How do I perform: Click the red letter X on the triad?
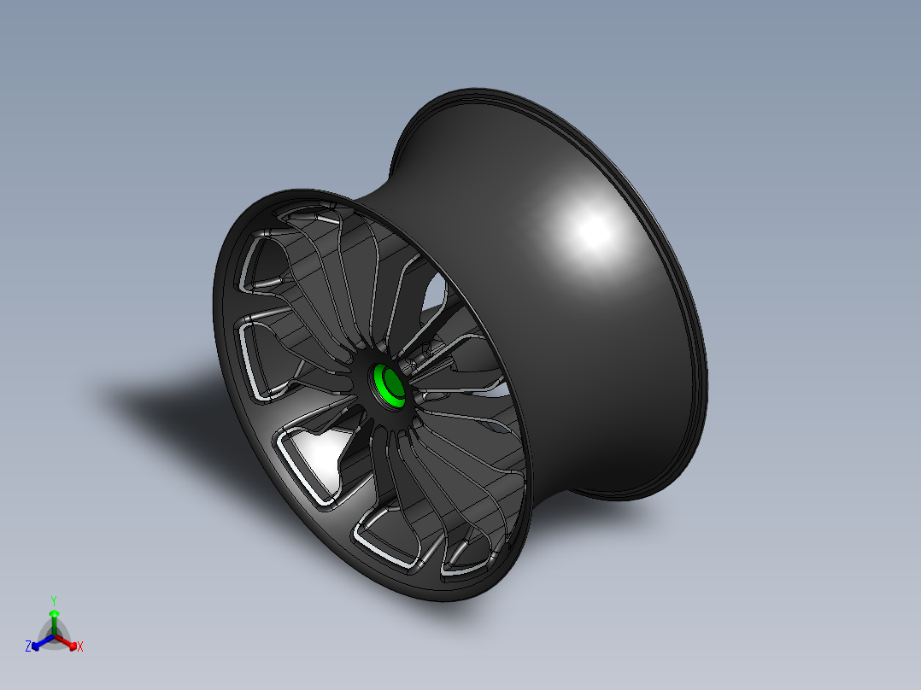(x=80, y=647)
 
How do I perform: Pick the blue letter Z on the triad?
(x=28, y=647)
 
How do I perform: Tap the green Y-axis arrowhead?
(x=54, y=614)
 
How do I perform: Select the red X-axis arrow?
(x=68, y=643)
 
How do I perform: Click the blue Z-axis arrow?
(x=39, y=643)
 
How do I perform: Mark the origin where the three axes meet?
(x=54, y=636)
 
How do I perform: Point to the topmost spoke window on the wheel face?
(x=303, y=213)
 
